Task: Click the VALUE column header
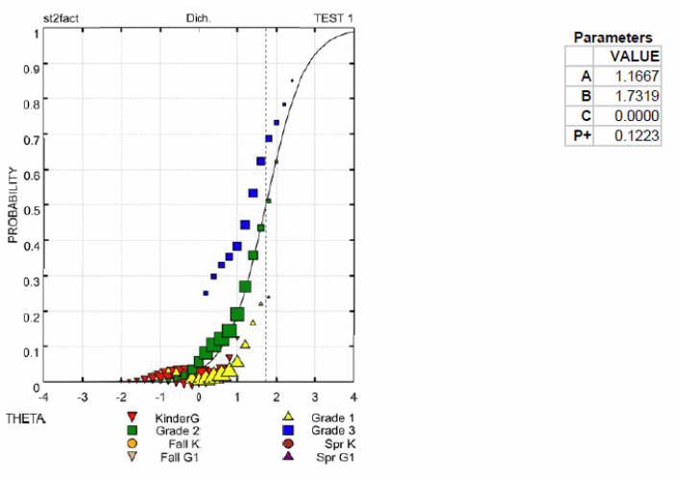point(635,56)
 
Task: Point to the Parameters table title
point(613,37)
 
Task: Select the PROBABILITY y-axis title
point(13,206)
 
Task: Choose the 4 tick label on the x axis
point(353,395)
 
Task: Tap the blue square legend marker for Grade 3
point(286,432)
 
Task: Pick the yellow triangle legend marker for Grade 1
point(286,419)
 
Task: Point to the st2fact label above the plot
point(61,18)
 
